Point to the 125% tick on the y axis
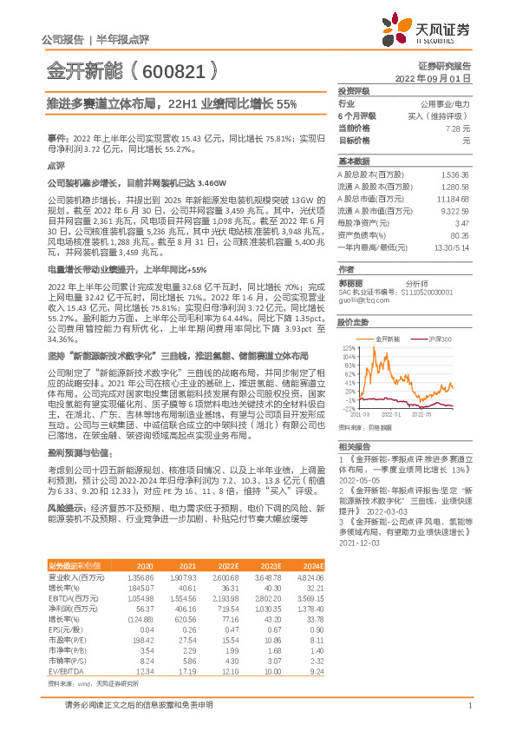pos(345,346)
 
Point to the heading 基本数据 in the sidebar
pos(354,161)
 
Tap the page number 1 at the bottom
pos(469,706)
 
